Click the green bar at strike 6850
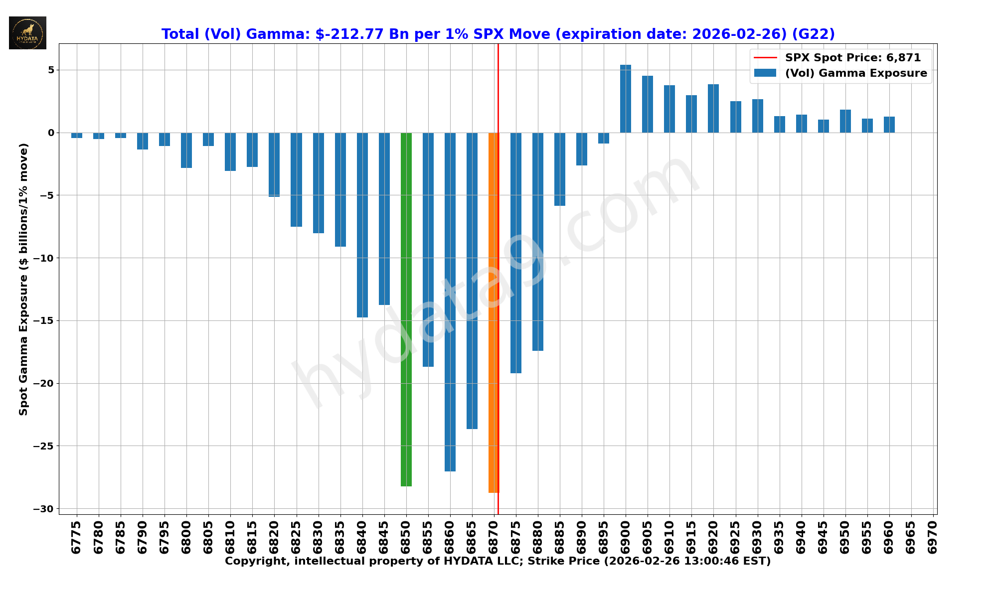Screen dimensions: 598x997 point(406,309)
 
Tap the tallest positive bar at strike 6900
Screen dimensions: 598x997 point(626,99)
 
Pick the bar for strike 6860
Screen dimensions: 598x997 point(450,301)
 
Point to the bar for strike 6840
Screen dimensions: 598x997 point(362,225)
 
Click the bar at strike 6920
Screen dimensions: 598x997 point(713,108)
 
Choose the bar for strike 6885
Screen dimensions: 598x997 point(560,169)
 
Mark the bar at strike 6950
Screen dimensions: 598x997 point(845,121)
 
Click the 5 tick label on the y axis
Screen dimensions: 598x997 point(51,70)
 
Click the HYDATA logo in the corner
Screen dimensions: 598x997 point(27,33)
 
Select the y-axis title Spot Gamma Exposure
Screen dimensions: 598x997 point(23,279)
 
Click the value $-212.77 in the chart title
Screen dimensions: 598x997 point(349,34)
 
